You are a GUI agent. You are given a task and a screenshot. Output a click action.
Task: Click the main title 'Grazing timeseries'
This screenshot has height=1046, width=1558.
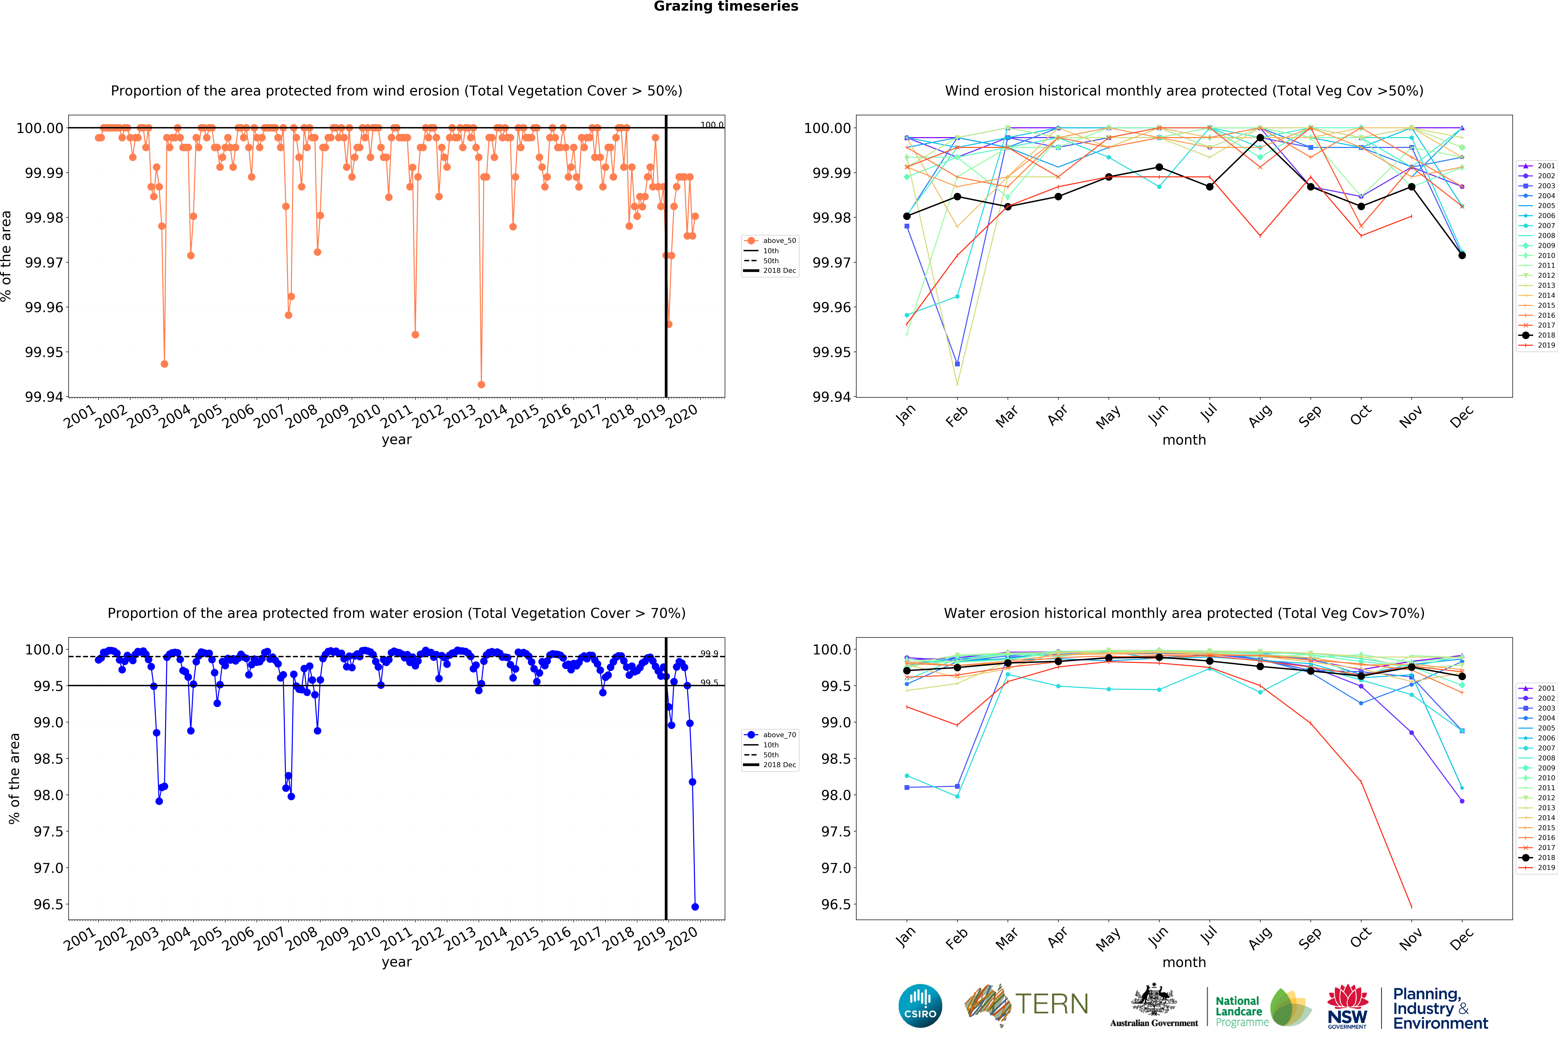click(x=726, y=7)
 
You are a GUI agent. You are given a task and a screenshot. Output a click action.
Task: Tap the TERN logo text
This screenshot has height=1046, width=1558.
click(x=1051, y=1004)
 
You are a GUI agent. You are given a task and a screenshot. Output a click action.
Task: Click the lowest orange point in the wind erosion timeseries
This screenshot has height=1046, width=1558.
click(x=481, y=385)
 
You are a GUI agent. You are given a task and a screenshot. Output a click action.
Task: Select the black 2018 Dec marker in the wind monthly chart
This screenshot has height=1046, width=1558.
click(x=1462, y=255)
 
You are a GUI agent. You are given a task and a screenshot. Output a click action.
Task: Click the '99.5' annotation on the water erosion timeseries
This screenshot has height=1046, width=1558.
click(x=709, y=682)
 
